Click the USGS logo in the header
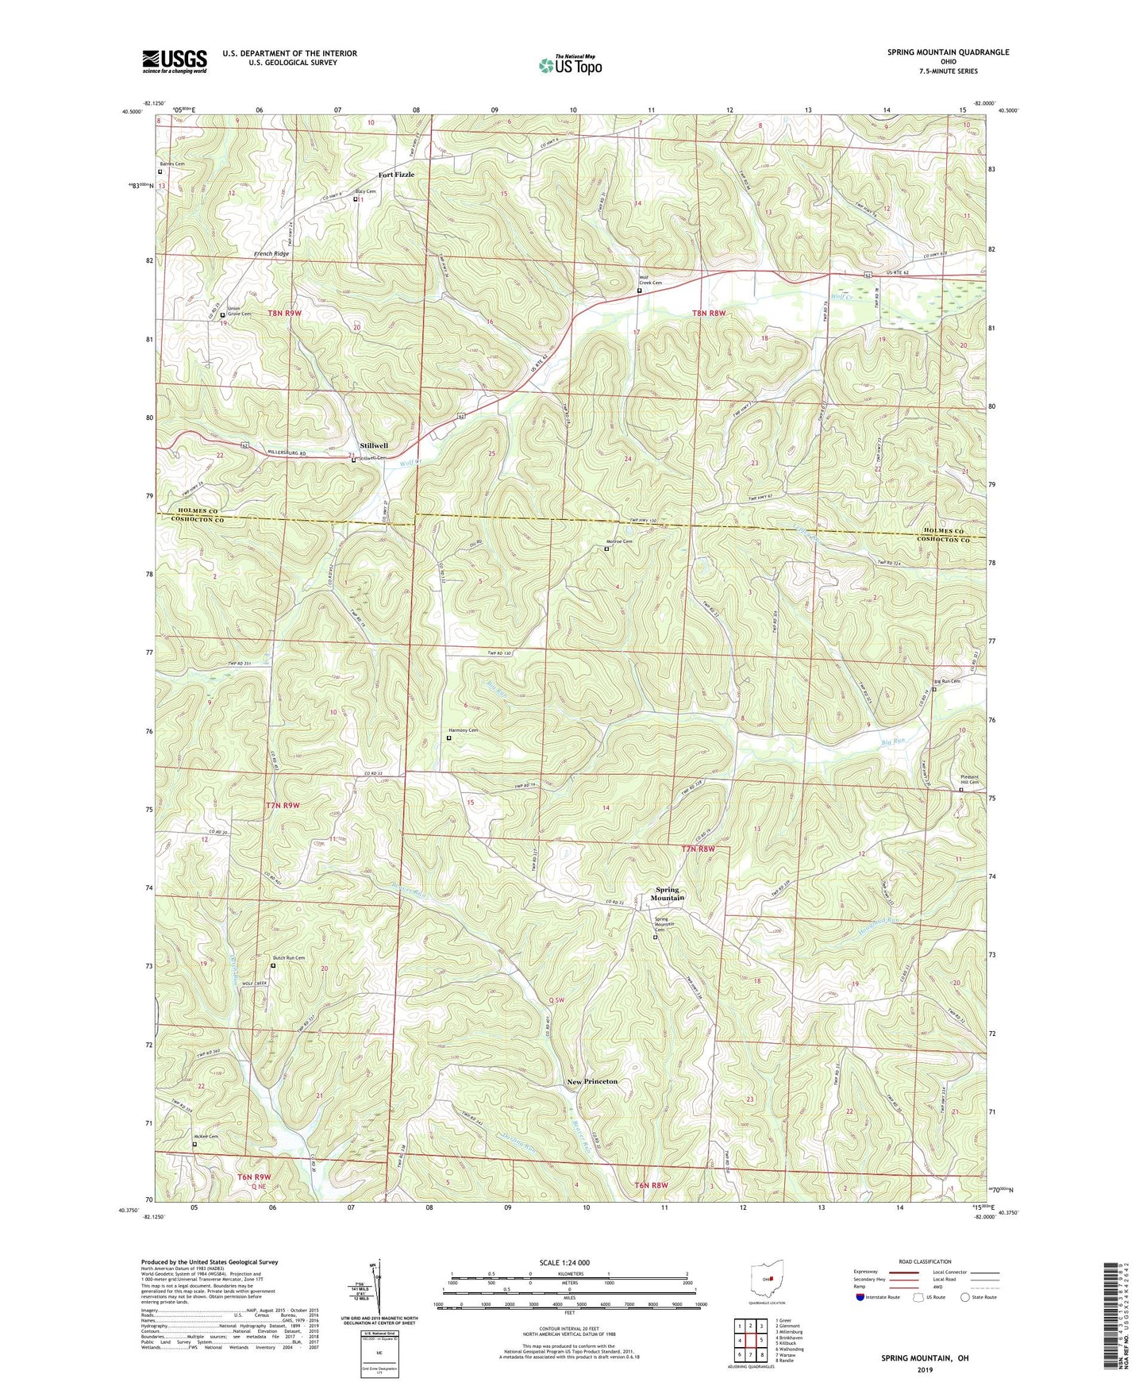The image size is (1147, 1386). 175,61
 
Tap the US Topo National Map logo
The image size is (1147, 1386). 569,65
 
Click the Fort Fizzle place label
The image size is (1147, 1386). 396,175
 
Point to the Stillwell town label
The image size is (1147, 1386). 374,446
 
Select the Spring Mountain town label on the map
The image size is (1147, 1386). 668,893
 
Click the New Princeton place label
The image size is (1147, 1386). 592,1081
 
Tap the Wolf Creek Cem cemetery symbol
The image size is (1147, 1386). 640,291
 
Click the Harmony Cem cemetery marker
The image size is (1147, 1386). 448,737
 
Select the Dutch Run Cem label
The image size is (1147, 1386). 289,958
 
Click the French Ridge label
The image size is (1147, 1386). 271,254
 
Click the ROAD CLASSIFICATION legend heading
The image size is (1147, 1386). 925,1261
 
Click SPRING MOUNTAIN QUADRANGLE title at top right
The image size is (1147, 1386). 948,52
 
